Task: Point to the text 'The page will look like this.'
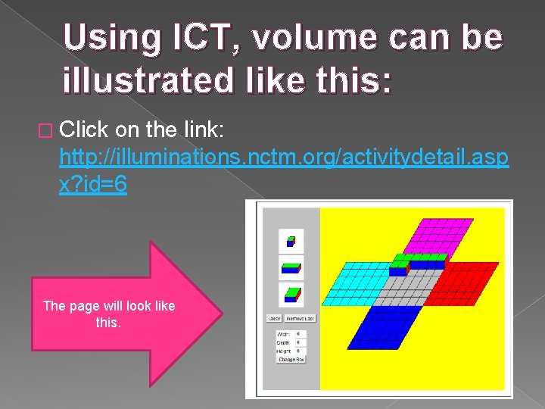click(x=108, y=314)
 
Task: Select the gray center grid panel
click(x=410, y=289)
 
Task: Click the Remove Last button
click(x=301, y=319)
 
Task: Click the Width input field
click(x=300, y=334)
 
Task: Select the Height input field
click(x=300, y=351)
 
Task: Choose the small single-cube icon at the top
click(x=291, y=242)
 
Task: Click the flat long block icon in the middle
click(x=291, y=266)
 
